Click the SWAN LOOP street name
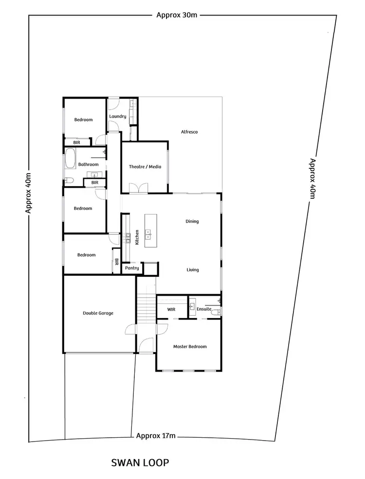point(140,462)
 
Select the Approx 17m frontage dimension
point(156,436)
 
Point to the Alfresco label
point(189,132)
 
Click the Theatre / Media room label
point(145,167)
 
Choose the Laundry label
point(118,116)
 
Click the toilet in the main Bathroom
point(69,181)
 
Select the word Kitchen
point(137,237)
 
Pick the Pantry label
point(132,268)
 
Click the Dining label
point(192,221)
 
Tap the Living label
point(192,270)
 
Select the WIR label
point(171,309)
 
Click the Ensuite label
point(204,309)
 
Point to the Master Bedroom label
point(190,347)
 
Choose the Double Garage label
point(98,313)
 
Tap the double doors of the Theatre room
point(138,188)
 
